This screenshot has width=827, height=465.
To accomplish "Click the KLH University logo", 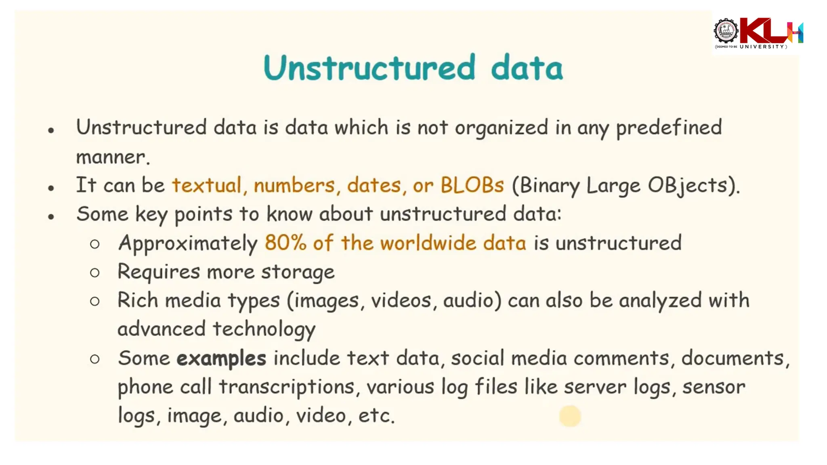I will (x=758, y=33).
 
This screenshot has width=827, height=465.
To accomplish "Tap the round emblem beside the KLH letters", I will (x=726, y=31).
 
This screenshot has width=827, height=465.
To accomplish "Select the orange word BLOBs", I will (x=472, y=185).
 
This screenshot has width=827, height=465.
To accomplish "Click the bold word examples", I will (x=221, y=358).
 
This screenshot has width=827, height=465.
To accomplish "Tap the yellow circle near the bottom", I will (x=570, y=416).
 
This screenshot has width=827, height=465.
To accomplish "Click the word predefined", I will (x=669, y=128).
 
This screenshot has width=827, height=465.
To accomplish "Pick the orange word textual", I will (x=207, y=185).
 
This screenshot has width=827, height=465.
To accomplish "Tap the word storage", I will (x=298, y=272).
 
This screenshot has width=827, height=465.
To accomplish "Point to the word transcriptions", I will (x=286, y=387).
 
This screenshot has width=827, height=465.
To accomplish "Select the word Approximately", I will (x=188, y=243).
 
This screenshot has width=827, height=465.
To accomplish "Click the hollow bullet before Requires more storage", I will (x=95, y=273).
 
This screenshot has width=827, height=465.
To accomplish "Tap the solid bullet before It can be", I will (x=51, y=188).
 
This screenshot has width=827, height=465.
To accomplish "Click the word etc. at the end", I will (x=376, y=416).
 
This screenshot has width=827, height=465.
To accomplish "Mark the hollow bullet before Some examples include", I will (x=95, y=359).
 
